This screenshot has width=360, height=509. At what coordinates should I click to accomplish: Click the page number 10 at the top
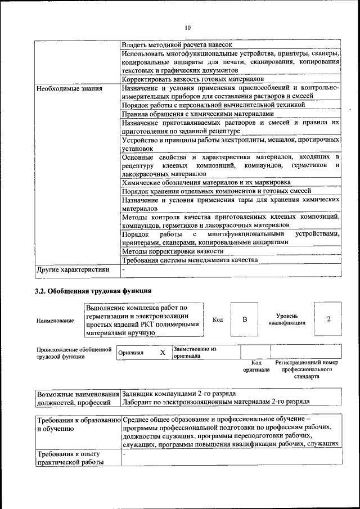tap(187, 27)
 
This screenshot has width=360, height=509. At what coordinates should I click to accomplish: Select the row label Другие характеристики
tap(73, 269)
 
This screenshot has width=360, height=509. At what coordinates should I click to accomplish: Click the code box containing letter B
tap(245, 319)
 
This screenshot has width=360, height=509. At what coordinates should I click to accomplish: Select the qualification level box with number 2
tap(328, 319)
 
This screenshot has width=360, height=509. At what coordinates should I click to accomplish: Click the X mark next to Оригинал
tap(162, 353)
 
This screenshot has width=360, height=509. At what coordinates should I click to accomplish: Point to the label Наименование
tap(55, 321)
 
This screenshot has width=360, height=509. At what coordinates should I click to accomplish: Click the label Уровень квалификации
tap(287, 319)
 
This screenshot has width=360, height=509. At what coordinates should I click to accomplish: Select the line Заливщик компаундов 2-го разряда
tap(179, 393)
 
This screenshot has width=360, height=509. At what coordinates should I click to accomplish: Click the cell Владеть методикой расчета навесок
tap(177, 44)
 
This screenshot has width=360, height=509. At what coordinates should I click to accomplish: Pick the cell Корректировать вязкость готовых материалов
tap(191, 80)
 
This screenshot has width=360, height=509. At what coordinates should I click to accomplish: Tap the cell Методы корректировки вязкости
tap(173, 251)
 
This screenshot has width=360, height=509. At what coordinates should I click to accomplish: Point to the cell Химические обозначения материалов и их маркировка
tap(206, 182)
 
